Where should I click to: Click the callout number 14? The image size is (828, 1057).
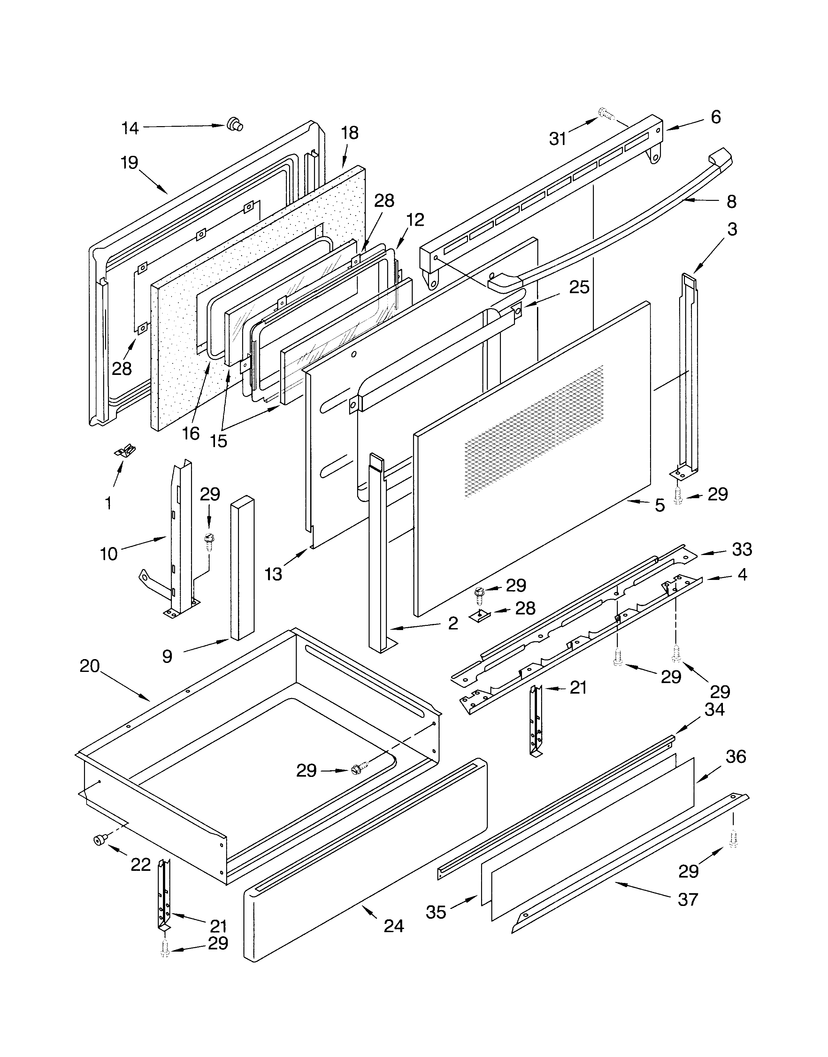[x=130, y=128]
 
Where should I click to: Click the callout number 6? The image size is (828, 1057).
[x=716, y=117]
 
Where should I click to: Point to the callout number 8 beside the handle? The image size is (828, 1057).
[x=732, y=202]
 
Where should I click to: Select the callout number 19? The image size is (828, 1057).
[x=129, y=163]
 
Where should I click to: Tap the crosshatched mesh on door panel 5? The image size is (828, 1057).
[x=533, y=431]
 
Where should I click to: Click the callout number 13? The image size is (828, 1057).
[x=273, y=574]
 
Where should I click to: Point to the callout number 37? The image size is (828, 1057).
[x=687, y=900]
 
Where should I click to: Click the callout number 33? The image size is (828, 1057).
[x=742, y=549]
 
